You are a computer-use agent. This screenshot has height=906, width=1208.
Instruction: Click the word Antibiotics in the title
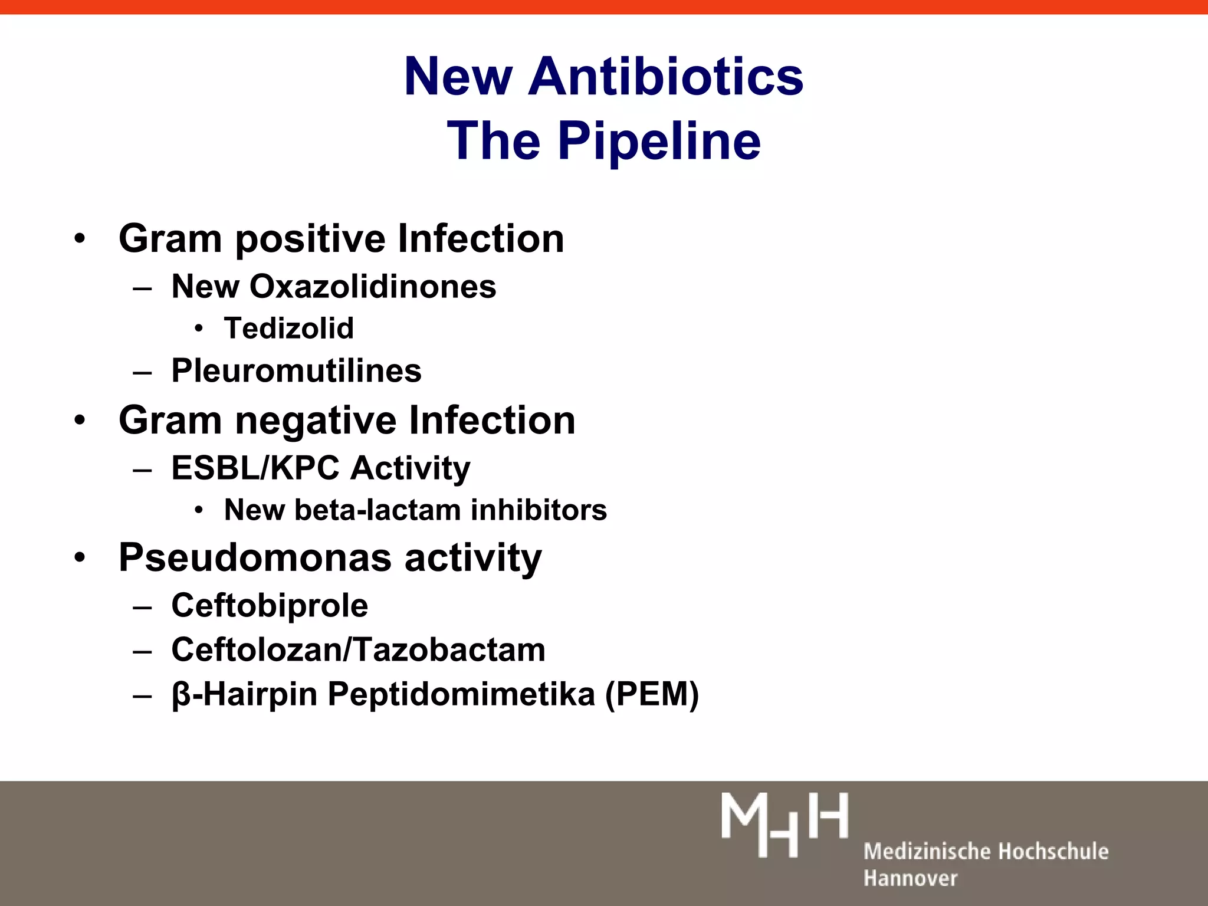(665, 77)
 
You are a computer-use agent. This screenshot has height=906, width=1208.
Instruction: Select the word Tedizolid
(288, 329)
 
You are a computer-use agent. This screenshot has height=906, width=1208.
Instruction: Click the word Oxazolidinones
(373, 287)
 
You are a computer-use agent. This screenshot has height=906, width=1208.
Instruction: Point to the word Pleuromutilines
(296, 371)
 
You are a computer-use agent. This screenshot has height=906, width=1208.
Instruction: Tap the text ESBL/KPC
(255, 468)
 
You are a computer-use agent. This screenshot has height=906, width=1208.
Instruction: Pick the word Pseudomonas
(255, 557)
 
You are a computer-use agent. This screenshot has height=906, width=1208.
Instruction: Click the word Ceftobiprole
(270, 606)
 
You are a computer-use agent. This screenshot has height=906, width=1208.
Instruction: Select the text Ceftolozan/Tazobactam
(358, 650)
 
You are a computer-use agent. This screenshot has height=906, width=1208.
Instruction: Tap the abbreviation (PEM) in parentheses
(652, 694)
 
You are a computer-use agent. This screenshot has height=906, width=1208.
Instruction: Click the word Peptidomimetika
(461, 694)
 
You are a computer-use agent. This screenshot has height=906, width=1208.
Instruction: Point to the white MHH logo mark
(784, 823)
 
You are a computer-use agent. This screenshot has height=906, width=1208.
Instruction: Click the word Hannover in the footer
(910, 878)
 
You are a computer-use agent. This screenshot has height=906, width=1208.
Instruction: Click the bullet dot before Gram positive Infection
(80, 239)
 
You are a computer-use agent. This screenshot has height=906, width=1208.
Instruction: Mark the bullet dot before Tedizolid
(199, 329)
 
